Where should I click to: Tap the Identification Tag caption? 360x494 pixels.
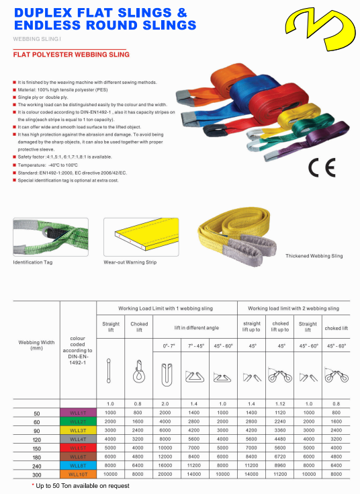pos(33,261)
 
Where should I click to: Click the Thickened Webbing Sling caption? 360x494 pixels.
pos(314,256)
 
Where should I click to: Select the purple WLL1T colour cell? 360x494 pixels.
pos(78,411)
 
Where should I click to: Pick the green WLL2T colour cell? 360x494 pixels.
pos(78,420)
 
